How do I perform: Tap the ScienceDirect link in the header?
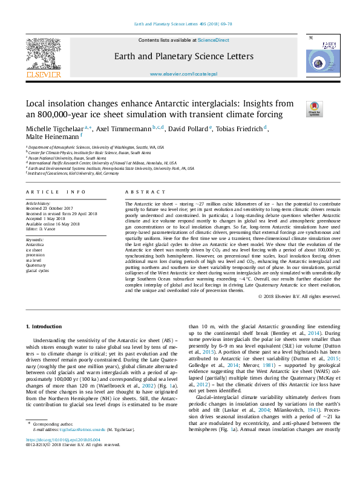point(214,40)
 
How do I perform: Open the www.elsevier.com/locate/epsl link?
point(183,74)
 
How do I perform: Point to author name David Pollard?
point(186,129)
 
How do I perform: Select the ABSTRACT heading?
point(137,192)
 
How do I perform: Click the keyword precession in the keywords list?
point(35,255)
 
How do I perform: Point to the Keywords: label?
point(35,240)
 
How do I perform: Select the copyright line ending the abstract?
point(299,296)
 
